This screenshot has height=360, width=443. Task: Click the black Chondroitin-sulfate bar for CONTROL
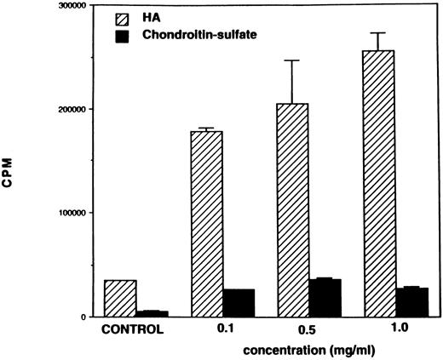[152, 313]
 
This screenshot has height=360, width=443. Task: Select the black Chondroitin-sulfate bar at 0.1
[239, 303]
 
